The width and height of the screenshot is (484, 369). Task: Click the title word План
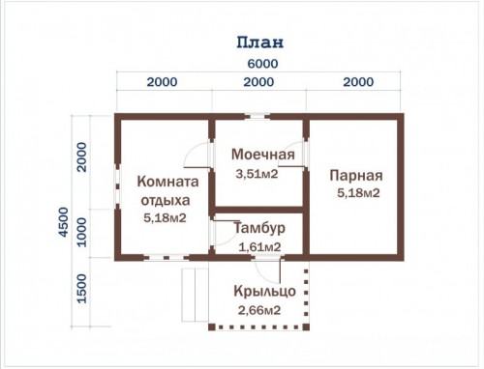click(x=260, y=43)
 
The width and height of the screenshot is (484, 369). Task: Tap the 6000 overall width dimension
click(x=262, y=64)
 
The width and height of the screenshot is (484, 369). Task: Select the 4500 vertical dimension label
click(x=64, y=222)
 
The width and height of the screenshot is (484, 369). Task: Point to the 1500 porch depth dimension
click(x=82, y=289)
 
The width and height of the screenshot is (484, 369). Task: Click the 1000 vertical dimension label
click(x=82, y=232)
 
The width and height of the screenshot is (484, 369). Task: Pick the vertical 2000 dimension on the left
click(x=82, y=157)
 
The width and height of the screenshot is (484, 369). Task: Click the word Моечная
click(x=263, y=155)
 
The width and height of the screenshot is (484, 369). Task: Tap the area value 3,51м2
click(x=257, y=174)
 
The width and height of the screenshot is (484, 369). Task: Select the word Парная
click(x=356, y=176)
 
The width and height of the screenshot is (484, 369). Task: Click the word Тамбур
click(x=259, y=228)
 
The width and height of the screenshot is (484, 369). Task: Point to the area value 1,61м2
click(x=259, y=247)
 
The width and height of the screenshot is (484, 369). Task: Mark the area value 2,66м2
click(x=259, y=310)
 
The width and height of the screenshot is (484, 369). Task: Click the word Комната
click(x=167, y=182)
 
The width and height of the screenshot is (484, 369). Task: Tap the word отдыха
click(x=166, y=201)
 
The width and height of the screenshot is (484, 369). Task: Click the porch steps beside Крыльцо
click(x=195, y=295)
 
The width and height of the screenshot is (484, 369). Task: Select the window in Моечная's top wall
click(x=257, y=116)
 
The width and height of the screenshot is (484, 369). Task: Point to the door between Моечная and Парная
click(x=292, y=155)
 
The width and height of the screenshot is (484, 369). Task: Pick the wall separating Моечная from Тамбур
click(x=258, y=211)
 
